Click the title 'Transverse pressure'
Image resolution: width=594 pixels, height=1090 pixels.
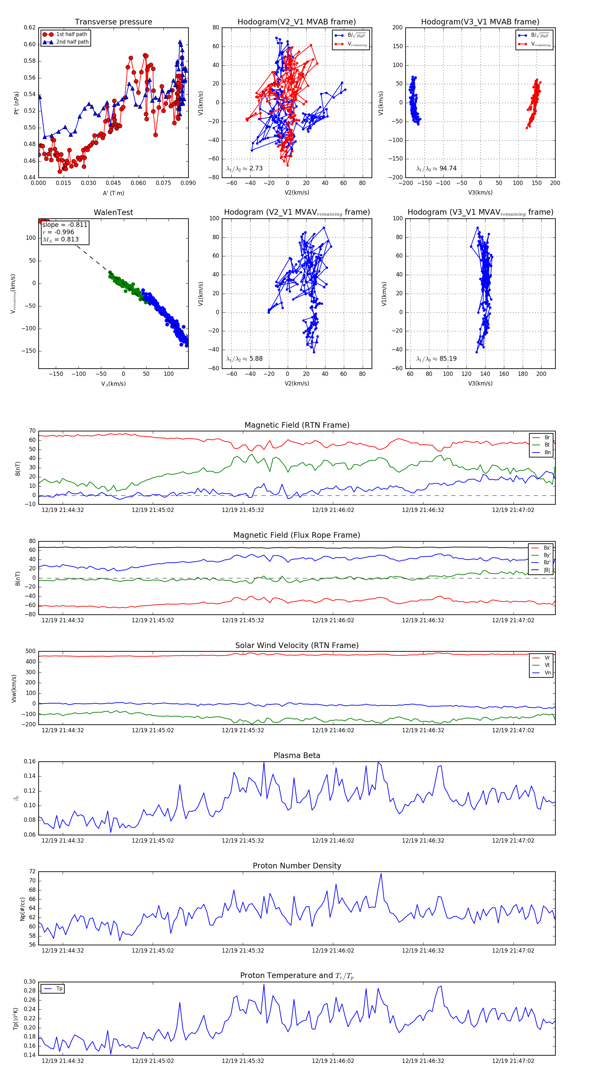coord(113,22)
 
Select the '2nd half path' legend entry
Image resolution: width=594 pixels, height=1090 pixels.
coord(72,42)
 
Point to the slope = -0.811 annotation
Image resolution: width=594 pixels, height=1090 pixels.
coord(65,225)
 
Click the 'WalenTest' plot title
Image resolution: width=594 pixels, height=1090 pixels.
coord(113,212)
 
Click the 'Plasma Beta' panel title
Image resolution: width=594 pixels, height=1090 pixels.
coord(297,755)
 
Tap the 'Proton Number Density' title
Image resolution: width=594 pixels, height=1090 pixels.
coord(297,866)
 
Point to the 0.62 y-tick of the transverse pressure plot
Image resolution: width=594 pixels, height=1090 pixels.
coord(30,27)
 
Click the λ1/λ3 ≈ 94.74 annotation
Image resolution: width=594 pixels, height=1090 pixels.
coord(436,168)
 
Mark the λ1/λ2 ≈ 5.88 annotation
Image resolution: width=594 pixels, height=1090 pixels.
coord(244,359)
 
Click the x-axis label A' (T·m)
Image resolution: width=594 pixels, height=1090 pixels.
coord(113,193)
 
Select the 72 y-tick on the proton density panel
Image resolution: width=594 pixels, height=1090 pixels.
coord(32,872)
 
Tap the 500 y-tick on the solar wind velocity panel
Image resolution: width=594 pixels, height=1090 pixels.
coord(30,651)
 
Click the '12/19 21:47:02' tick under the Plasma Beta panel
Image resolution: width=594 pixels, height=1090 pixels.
coord(513,840)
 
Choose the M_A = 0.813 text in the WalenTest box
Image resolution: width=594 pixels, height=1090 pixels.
coord(60,239)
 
